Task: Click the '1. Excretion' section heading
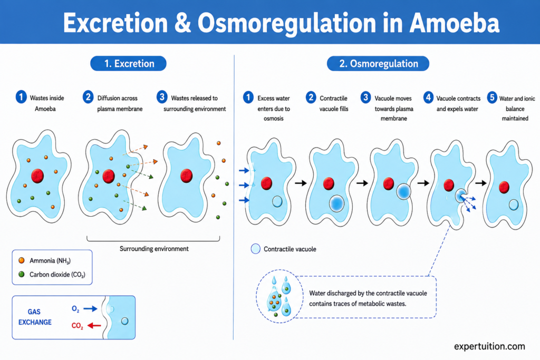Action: pos(129,64)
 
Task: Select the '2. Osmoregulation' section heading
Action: pos(378,64)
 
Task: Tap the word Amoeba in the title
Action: pos(455,23)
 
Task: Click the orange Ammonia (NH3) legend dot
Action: pos(21,260)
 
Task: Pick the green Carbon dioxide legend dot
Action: pos(21,274)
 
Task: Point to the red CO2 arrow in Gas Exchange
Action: pos(94,325)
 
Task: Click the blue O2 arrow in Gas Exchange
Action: pos(90,309)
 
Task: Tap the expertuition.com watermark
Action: pos(489,346)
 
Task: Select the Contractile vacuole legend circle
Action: pos(256,249)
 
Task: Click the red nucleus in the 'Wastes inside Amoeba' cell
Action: pos(37,176)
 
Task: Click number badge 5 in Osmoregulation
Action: pos(492,98)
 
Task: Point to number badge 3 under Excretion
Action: pos(162,97)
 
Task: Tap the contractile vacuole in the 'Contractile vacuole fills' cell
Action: pos(336,203)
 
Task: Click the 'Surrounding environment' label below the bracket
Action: pos(154,249)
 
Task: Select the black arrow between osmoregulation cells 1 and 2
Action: pos(301,183)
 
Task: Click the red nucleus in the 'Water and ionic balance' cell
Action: pos(504,187)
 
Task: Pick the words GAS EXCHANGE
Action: pos(35,317)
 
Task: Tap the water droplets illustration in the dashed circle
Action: pos(279,296)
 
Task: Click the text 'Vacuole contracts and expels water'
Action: pos(458,104)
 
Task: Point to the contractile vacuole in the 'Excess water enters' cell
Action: pos(277,201)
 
